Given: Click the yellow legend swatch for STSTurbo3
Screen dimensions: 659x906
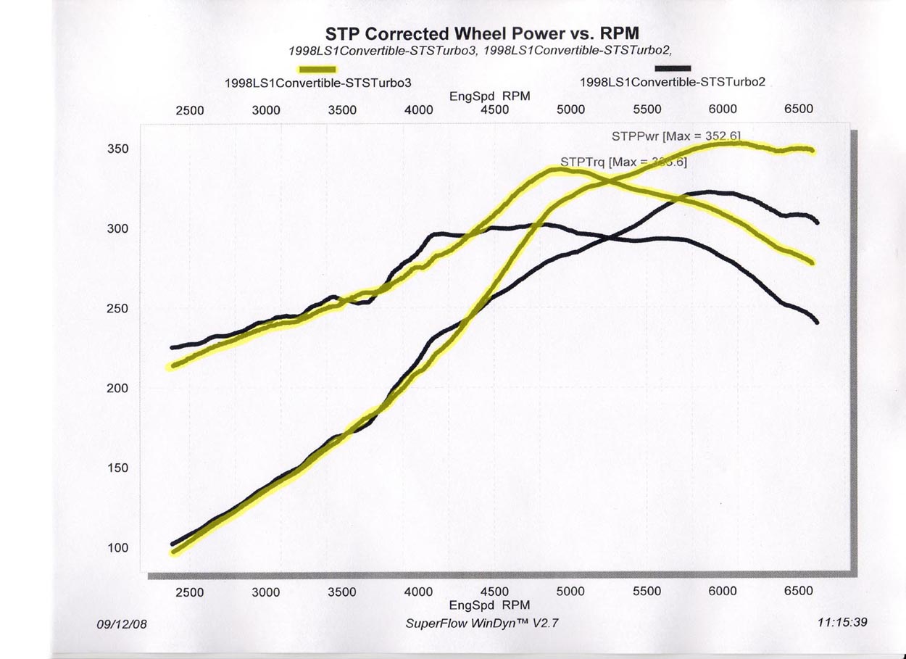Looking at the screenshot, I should [x=317, y=69].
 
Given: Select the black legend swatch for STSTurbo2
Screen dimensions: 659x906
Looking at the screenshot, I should [x=668, y=68].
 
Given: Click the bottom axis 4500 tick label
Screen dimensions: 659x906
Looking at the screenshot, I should [x=494, y=592].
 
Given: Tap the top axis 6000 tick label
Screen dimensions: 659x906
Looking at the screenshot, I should [x=723, y=109].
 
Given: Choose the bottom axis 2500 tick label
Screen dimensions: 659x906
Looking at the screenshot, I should [x=190, y=592].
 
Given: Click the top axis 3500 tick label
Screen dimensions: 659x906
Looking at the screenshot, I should [x=342, y=110].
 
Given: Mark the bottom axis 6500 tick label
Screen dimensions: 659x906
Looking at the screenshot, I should [x=799, y=591].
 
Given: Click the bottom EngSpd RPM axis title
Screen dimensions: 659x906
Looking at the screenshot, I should [x=489, y=605].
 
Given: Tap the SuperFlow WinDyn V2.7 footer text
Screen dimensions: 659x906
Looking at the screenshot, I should [x=483, y=623].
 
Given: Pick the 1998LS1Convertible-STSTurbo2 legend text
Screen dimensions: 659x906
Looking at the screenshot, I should [x=672, y=82].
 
